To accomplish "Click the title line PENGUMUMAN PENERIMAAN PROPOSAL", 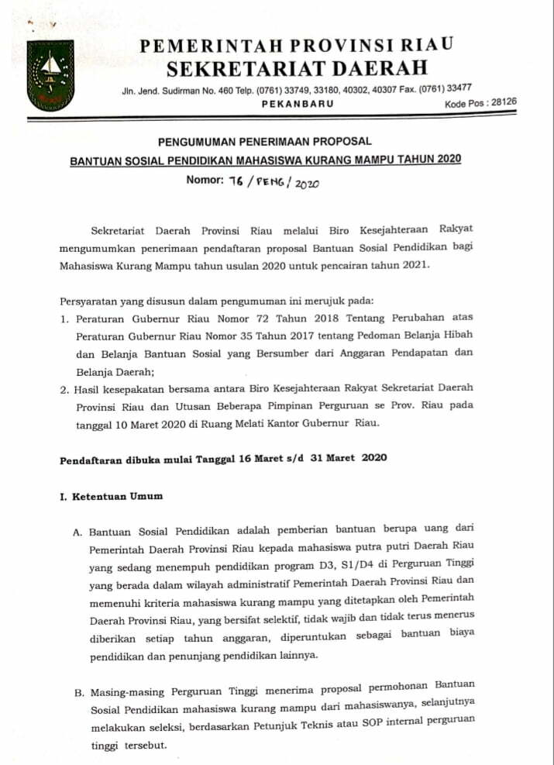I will click(265, 141).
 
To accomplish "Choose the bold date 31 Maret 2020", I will click(349, 457).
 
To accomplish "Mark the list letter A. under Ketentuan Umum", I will click(77, 532).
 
